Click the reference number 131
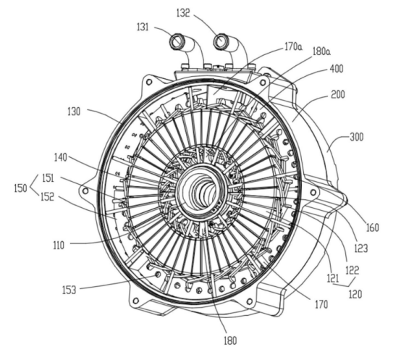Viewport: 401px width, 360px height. pos(143,27)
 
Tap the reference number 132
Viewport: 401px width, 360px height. pos(183,13)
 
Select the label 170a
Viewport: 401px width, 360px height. pos(293,47)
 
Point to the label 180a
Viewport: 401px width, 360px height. pos(321,51)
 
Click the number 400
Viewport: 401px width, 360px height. pos(337,69)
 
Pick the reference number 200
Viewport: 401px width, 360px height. pos(338,94)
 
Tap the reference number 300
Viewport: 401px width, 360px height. pos(357,137)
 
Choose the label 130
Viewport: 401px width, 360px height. pos(74,112)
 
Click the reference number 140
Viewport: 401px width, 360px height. pos(60,157)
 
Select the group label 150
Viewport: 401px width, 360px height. pos(20,188)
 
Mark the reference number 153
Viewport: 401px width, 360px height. pos(69,290)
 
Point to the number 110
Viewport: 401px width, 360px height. pos(59,246)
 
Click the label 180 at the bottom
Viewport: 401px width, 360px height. pos(230,340)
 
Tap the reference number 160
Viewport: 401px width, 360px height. pos(372,227)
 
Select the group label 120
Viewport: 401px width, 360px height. pos(355,294)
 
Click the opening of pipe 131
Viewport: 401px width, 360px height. pos(176,41)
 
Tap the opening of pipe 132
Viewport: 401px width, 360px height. pos(220,41)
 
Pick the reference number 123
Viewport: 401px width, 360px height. pos(361,248)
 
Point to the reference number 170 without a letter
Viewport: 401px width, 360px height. pos(321,304)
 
